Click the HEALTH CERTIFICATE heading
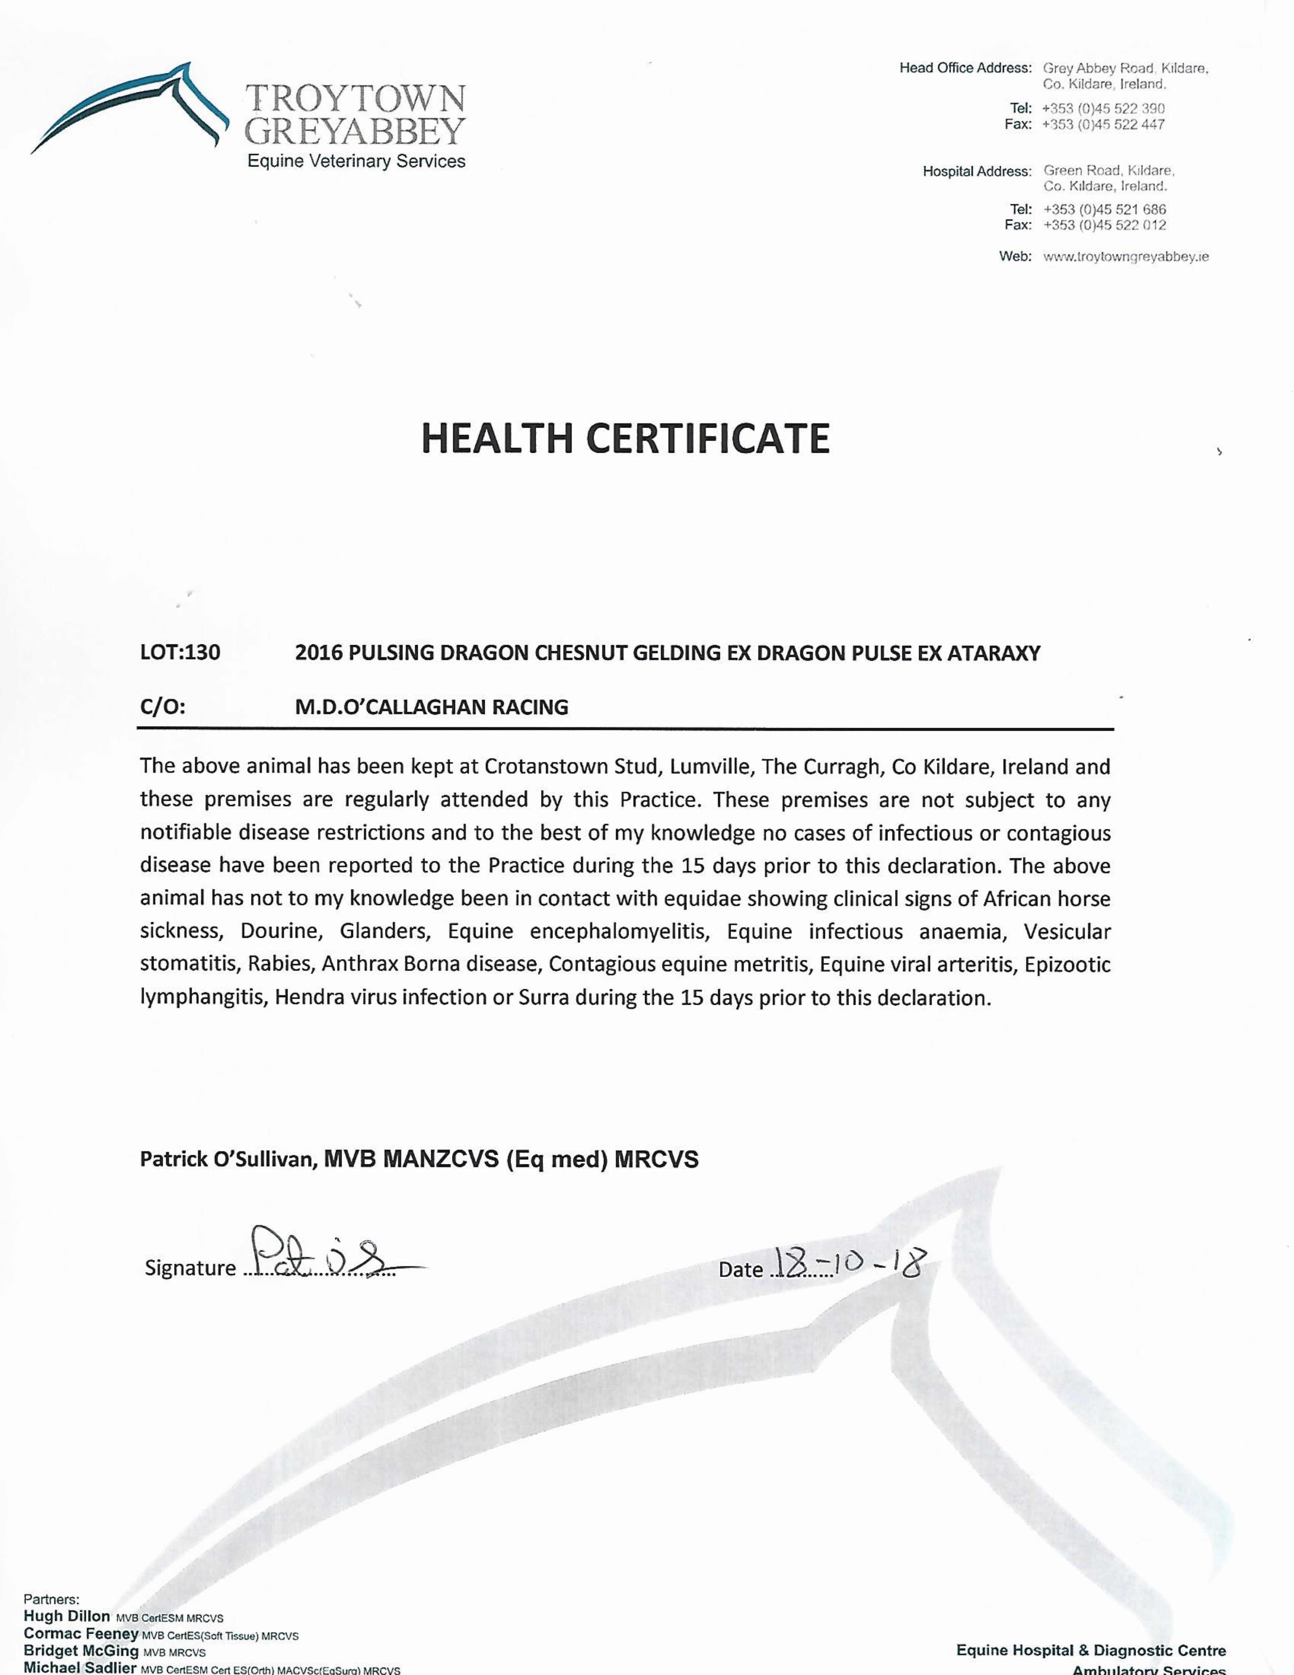[625, 438]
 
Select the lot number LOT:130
[180, 653]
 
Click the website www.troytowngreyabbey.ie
[1126, 257]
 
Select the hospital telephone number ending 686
[1104, 209]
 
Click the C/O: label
[162, 707]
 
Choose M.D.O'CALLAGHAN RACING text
[432, 707]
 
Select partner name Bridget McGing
[81, 1650]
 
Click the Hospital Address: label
[976, 171]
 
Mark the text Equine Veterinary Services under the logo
[356, 161]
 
